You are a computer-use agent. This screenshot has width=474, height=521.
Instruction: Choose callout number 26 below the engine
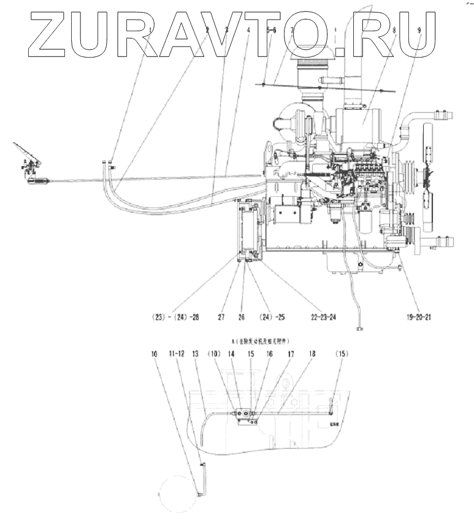242,318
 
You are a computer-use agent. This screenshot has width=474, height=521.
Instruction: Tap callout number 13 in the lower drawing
196,354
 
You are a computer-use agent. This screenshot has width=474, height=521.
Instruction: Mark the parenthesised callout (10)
213,354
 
